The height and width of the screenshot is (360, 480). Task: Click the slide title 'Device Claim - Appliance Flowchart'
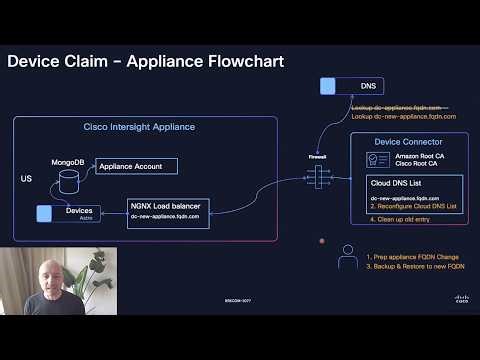146,62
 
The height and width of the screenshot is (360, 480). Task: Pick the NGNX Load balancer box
168,213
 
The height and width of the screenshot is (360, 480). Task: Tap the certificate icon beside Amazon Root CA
379,160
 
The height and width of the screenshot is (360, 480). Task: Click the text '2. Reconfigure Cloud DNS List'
413,206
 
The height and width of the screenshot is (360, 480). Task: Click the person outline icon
347,259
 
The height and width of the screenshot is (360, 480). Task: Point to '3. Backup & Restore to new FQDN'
415,267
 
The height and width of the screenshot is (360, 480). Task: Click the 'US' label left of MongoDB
26,179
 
